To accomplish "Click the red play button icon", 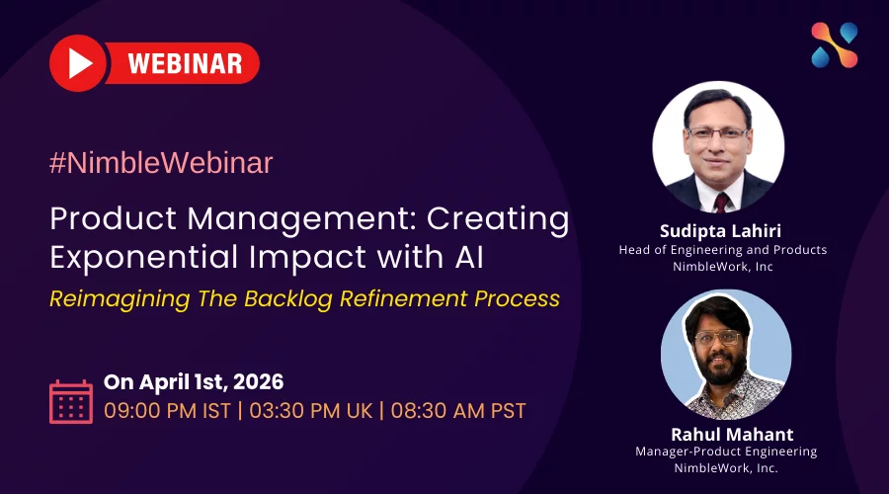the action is (x=78, y=63).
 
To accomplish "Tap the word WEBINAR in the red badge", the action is (x=186, y=63).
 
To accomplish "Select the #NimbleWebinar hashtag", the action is (x=161, y=163).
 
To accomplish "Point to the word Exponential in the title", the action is (x=144, y=257).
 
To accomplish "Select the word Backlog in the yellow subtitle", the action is (x=288, y=299).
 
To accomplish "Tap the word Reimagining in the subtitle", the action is (x=120, y=299).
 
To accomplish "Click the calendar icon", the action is (x=71, y=401).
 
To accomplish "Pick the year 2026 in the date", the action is (x=258, y=381).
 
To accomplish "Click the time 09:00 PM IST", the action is (x=167, y=410).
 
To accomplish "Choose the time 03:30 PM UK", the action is (x=311, y=410).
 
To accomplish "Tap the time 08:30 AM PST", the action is (x=458, y=410).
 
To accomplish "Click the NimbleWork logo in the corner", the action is (x=835, y=45).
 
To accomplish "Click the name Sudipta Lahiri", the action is (x=720, y=231).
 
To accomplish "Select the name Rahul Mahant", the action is (x=732, y=434).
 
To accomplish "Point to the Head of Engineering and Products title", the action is (x=723, y=250).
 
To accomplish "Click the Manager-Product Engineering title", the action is (x=726, y=452).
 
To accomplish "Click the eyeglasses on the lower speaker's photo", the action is (x=717, y=338).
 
